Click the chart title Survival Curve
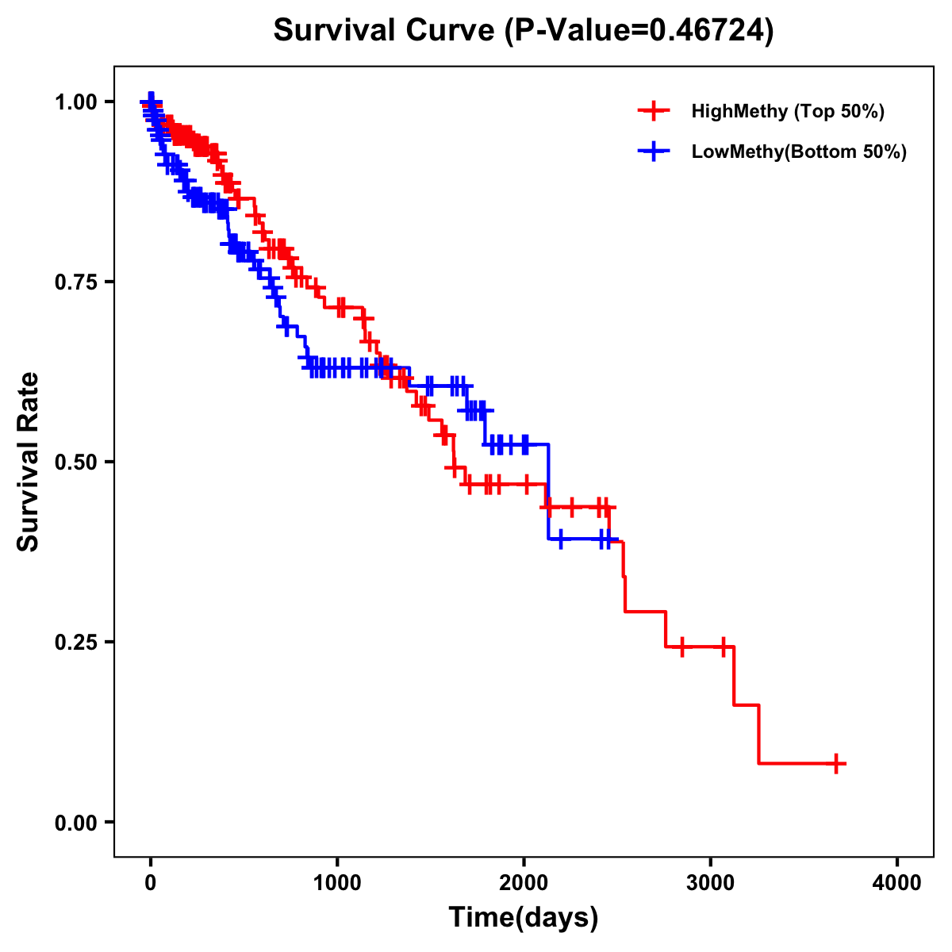pos(385,30)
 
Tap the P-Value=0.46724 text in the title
pos(639,30)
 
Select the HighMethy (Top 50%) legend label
pos(787,111)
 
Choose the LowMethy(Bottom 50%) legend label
pos(798,152)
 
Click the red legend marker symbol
pos(654,111)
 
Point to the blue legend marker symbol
pos(654,152)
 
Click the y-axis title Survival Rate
pos(28,462)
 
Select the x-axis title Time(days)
pos(523,917)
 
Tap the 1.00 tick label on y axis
pos(76,102)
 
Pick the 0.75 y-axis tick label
pos(76,282)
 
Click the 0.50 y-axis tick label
pos(76,462)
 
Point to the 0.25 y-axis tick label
pos(76,642)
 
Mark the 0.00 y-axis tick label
pos(76,822)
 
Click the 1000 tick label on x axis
pos(337,883)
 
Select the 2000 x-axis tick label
pos(524,883)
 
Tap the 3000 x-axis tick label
pos(711,883)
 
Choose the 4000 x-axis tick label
pos(897,883)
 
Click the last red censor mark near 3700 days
pos(836,763)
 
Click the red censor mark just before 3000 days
pos(681,647)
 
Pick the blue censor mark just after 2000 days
pos(561,539)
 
